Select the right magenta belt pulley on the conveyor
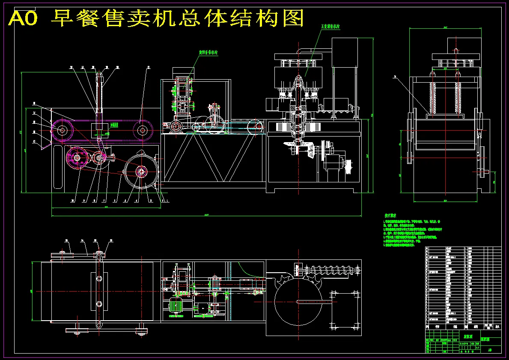(x=142, y=129)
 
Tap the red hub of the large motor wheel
(x=141, y=172)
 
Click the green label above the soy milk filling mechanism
(x=330, y=26)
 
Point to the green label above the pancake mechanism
(x=208, y=53)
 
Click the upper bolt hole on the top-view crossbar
(x=99, y=279)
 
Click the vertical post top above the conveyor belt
(x=99, y=77)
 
